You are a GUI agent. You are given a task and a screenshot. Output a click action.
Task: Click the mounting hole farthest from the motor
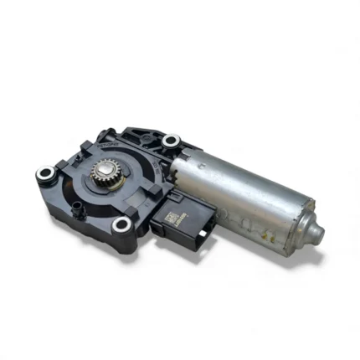[x=44, y=174]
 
